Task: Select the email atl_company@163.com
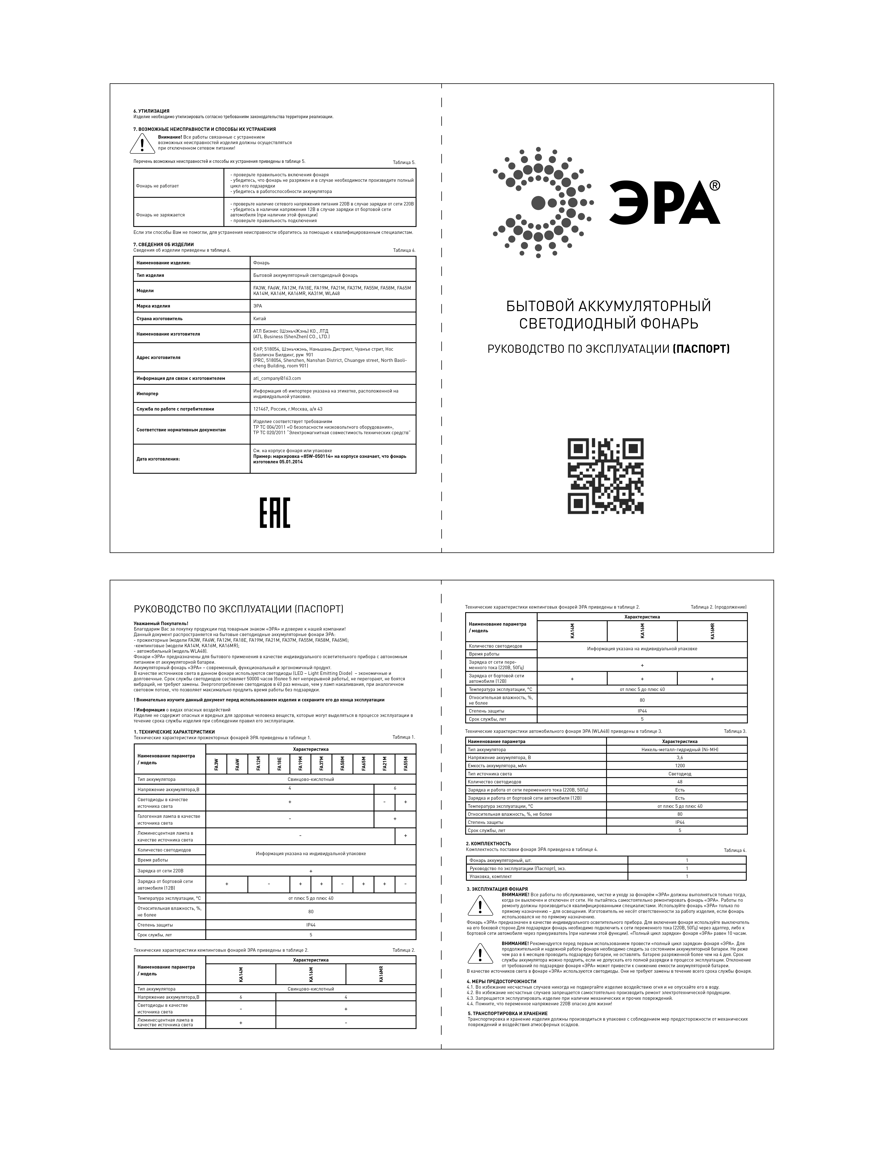coord(276,378)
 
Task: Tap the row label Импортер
coord(148,394)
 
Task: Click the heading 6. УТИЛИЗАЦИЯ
coord(151,111)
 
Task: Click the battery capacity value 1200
coord(680,766)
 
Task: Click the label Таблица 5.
coord(404,162)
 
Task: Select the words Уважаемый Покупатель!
coord(161,624)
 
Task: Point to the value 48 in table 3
coord(680,782)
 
